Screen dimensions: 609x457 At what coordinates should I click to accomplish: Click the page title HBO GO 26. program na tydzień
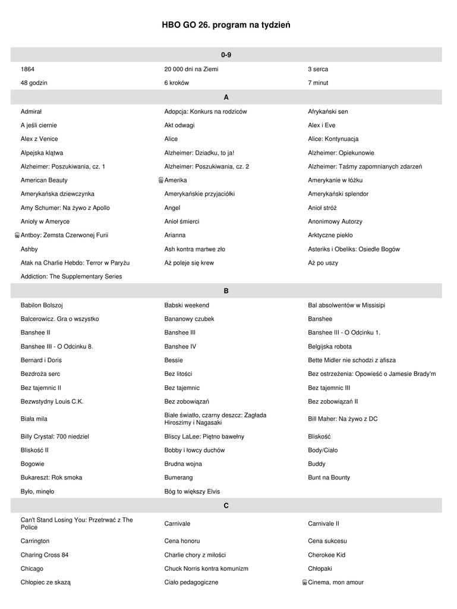[226, 25]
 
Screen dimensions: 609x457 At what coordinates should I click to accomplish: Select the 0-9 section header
[226, 55]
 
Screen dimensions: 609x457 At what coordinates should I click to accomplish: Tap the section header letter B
[226, 291]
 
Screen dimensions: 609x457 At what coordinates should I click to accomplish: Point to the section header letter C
[226, 506]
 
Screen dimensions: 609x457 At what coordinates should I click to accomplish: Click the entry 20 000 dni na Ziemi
[191, 69]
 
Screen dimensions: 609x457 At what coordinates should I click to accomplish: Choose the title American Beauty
[44, 180]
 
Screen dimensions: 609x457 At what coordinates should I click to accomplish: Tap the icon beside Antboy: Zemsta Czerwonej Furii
[17, 236]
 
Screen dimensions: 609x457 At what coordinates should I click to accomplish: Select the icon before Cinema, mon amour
[304, 582]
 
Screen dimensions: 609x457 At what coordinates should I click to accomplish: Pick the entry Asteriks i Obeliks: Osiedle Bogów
[354, 249]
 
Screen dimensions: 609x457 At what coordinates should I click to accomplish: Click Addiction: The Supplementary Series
[71, 277]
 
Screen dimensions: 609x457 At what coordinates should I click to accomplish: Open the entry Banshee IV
[180, 346]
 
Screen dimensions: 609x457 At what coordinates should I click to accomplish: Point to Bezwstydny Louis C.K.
[52, 401]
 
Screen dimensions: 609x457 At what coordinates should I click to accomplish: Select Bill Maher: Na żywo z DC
[342, 419]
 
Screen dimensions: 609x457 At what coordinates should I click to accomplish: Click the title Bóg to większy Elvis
[192, 491]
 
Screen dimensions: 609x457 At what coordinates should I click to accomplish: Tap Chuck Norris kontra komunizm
[206, 569]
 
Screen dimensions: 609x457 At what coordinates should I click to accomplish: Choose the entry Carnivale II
[323, 523]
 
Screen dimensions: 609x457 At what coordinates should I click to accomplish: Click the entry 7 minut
[318, 83]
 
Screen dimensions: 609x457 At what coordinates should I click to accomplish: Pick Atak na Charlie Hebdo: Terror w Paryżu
[75, 263]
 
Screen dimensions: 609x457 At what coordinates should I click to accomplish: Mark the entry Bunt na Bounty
[329, 478]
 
